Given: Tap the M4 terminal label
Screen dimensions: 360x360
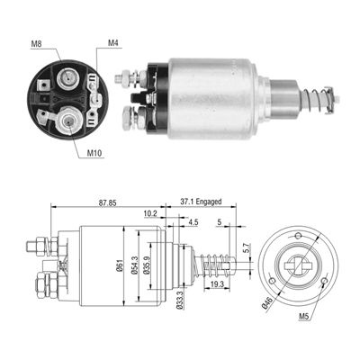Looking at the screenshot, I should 112,42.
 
